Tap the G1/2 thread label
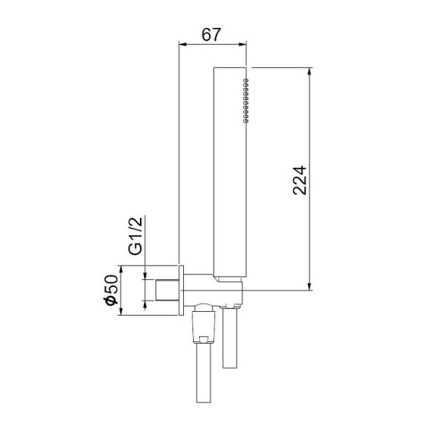click(x=135, y=237)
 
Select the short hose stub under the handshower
click(x=231, y=341)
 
